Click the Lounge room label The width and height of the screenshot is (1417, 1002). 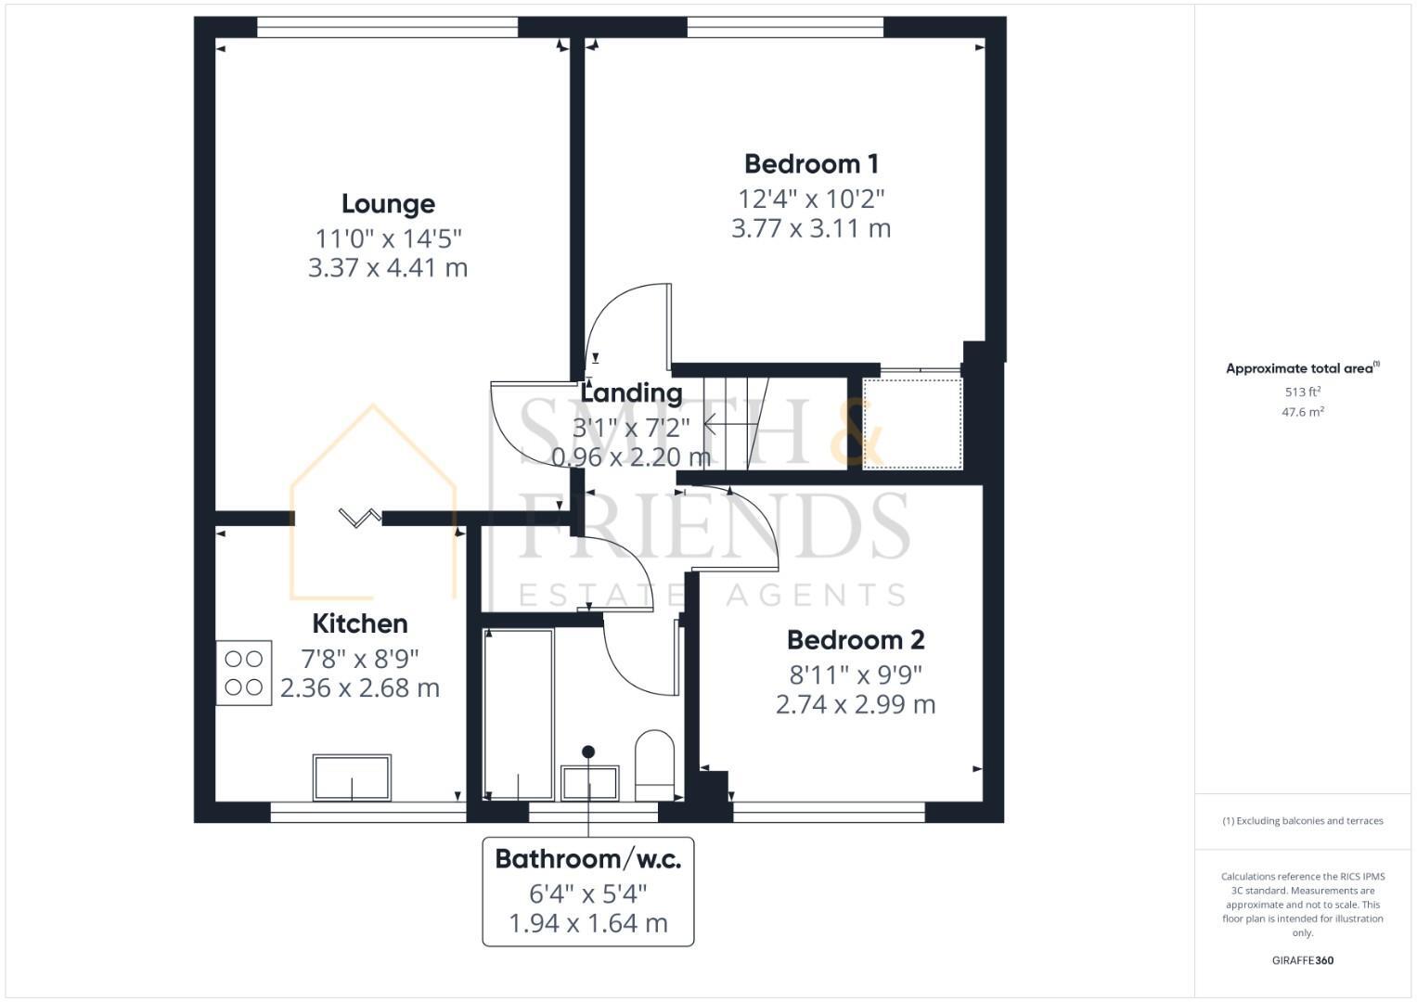388,204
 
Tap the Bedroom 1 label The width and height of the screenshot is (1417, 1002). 811,164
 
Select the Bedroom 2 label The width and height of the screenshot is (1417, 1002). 855,640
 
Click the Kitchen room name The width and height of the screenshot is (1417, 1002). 359,623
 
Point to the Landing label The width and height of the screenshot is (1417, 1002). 631,393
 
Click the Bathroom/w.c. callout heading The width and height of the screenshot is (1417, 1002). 587,859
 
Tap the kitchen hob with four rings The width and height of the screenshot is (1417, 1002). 244,674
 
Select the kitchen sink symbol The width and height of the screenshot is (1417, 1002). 352,777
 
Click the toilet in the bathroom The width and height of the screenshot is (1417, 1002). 654,764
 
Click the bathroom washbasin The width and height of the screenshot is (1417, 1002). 589,782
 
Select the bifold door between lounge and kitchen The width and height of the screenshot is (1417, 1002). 359,517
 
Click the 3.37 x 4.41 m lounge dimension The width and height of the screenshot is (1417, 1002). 388,268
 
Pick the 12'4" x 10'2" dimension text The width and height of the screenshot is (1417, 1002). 811,199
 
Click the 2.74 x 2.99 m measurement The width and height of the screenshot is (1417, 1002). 855,705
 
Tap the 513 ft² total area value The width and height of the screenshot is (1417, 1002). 1302,392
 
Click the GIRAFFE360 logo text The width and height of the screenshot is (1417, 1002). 1302,960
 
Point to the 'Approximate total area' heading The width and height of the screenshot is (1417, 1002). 1302,368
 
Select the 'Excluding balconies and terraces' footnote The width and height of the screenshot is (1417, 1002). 1302,821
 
